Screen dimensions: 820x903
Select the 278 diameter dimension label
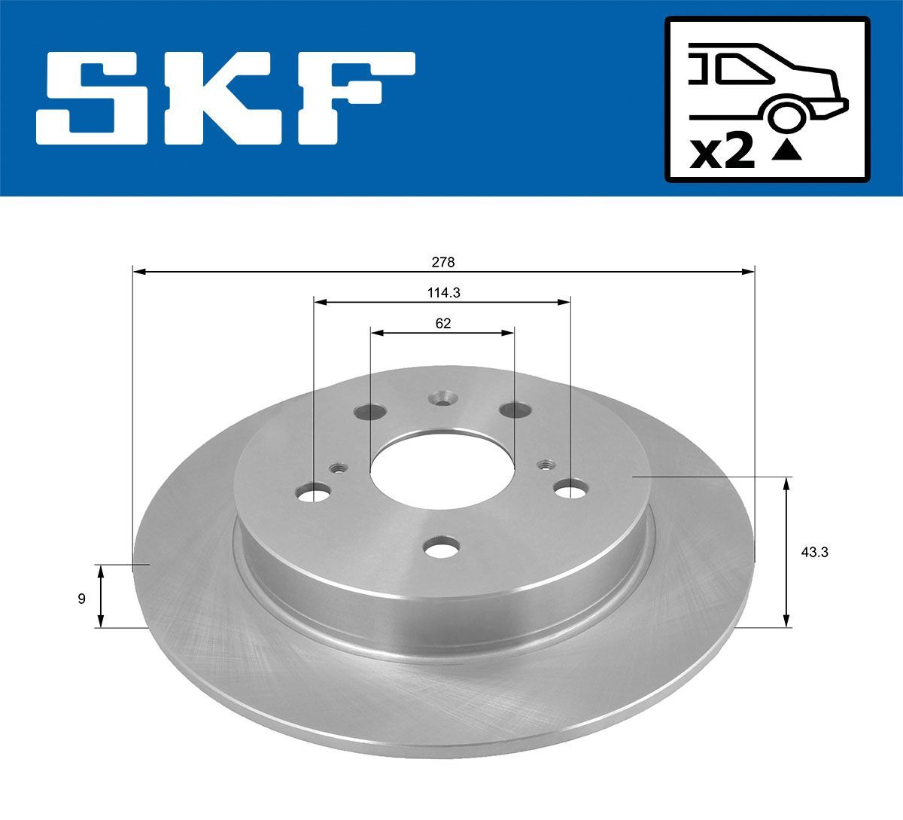[442, 262]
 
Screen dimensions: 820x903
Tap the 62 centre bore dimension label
[443, 324]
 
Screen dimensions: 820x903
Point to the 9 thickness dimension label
[81, 599]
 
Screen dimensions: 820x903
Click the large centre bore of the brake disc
[442, 471]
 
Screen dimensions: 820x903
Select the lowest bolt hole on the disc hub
[442, 547]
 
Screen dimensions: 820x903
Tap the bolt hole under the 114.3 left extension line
[314, 493]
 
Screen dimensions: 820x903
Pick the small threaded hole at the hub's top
[442, 397]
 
